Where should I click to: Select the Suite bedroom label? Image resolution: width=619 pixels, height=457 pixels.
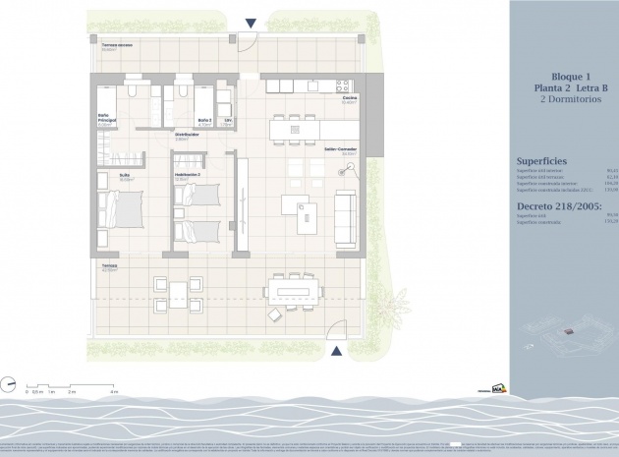[x=125, y=177]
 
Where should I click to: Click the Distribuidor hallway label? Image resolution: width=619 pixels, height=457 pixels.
[x=188, y=135]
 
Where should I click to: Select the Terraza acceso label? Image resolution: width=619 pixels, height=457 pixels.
[x=117, y=45]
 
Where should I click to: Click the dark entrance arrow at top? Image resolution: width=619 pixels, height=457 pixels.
[x=252, y=23]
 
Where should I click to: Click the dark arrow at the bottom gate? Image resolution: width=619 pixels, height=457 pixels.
[x=336, y=351]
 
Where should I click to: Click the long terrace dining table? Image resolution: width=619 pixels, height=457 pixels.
[x=292, y=289]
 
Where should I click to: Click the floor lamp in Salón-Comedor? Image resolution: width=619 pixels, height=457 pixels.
[x=346, y=174]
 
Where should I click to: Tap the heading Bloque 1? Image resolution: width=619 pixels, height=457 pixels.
[x=564, y=76]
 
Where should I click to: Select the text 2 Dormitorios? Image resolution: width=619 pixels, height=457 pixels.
[x=564, y=101]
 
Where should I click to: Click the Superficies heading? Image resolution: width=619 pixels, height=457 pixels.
[x=541, y=160]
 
